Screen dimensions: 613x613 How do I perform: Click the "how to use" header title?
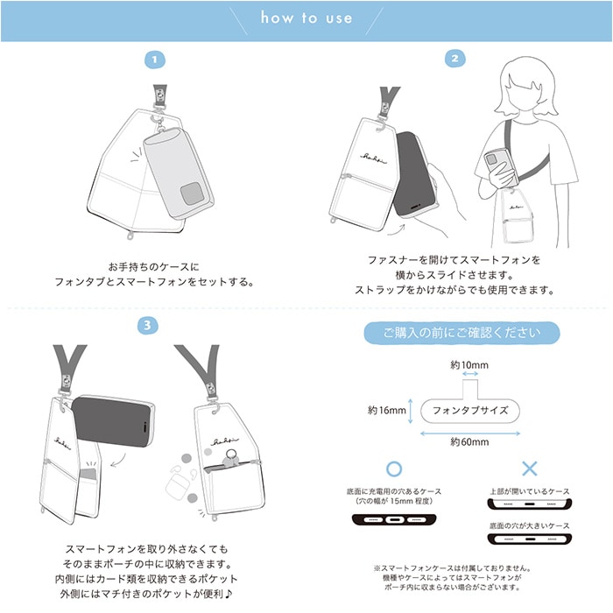pos(306,18)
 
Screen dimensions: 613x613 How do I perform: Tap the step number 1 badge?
pos(155,60)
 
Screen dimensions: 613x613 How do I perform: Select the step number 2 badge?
pos(455,59)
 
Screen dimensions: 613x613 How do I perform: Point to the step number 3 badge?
pos(147,325)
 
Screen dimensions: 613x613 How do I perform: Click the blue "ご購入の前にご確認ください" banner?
pos(462,333)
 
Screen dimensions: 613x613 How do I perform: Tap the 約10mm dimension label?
pos(469,365)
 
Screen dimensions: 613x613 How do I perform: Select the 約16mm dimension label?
pos(387,410)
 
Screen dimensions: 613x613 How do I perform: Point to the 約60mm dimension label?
pos(469,442)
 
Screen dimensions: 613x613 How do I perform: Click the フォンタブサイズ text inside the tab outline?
pos(470,411)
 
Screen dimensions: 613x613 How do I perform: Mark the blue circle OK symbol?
pos(394,469)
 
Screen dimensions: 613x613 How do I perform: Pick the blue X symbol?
pos(530,469)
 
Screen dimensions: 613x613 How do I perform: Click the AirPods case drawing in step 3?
pos(178,483)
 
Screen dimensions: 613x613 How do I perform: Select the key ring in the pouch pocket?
pos(231,456)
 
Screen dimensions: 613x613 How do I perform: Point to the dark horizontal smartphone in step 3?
pos(113,421)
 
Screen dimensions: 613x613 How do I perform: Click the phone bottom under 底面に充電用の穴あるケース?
pos(394,519)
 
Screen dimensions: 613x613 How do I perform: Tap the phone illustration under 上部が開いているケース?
pos(530,504)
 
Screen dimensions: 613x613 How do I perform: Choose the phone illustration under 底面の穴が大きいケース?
pos(530,539)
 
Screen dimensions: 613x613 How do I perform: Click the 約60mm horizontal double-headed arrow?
pos(470,433)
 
